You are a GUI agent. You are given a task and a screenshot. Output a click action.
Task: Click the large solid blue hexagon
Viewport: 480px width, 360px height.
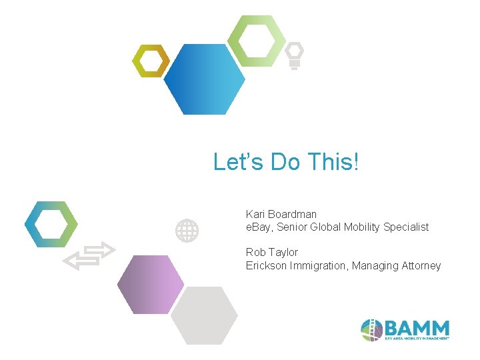pos(204,79)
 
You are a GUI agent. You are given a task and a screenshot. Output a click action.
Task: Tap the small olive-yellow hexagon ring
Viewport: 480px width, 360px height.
pos(150,61)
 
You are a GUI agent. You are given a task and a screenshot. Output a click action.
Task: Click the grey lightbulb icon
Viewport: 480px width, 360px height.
pos(294,55)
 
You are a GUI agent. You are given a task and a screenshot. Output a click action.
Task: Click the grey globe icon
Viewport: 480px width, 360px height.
pos(187,231)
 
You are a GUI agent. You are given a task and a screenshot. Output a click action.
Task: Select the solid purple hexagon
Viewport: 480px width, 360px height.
pos(151,285)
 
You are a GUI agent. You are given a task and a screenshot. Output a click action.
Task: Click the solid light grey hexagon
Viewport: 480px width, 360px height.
pos(204,315)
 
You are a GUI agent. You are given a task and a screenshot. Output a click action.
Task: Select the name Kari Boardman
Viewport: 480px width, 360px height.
pos(281,214)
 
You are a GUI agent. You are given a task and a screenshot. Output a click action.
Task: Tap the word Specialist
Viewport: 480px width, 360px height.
pos(406,227)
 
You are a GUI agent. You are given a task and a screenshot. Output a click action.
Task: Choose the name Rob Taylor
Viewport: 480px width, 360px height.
pos(272,252)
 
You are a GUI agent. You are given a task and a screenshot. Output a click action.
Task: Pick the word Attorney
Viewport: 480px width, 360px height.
pos(421,265)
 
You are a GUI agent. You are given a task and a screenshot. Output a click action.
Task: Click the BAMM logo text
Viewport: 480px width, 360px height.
pos(417,328)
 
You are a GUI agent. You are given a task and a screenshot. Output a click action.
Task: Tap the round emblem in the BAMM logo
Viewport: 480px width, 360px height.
pos(371,330)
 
